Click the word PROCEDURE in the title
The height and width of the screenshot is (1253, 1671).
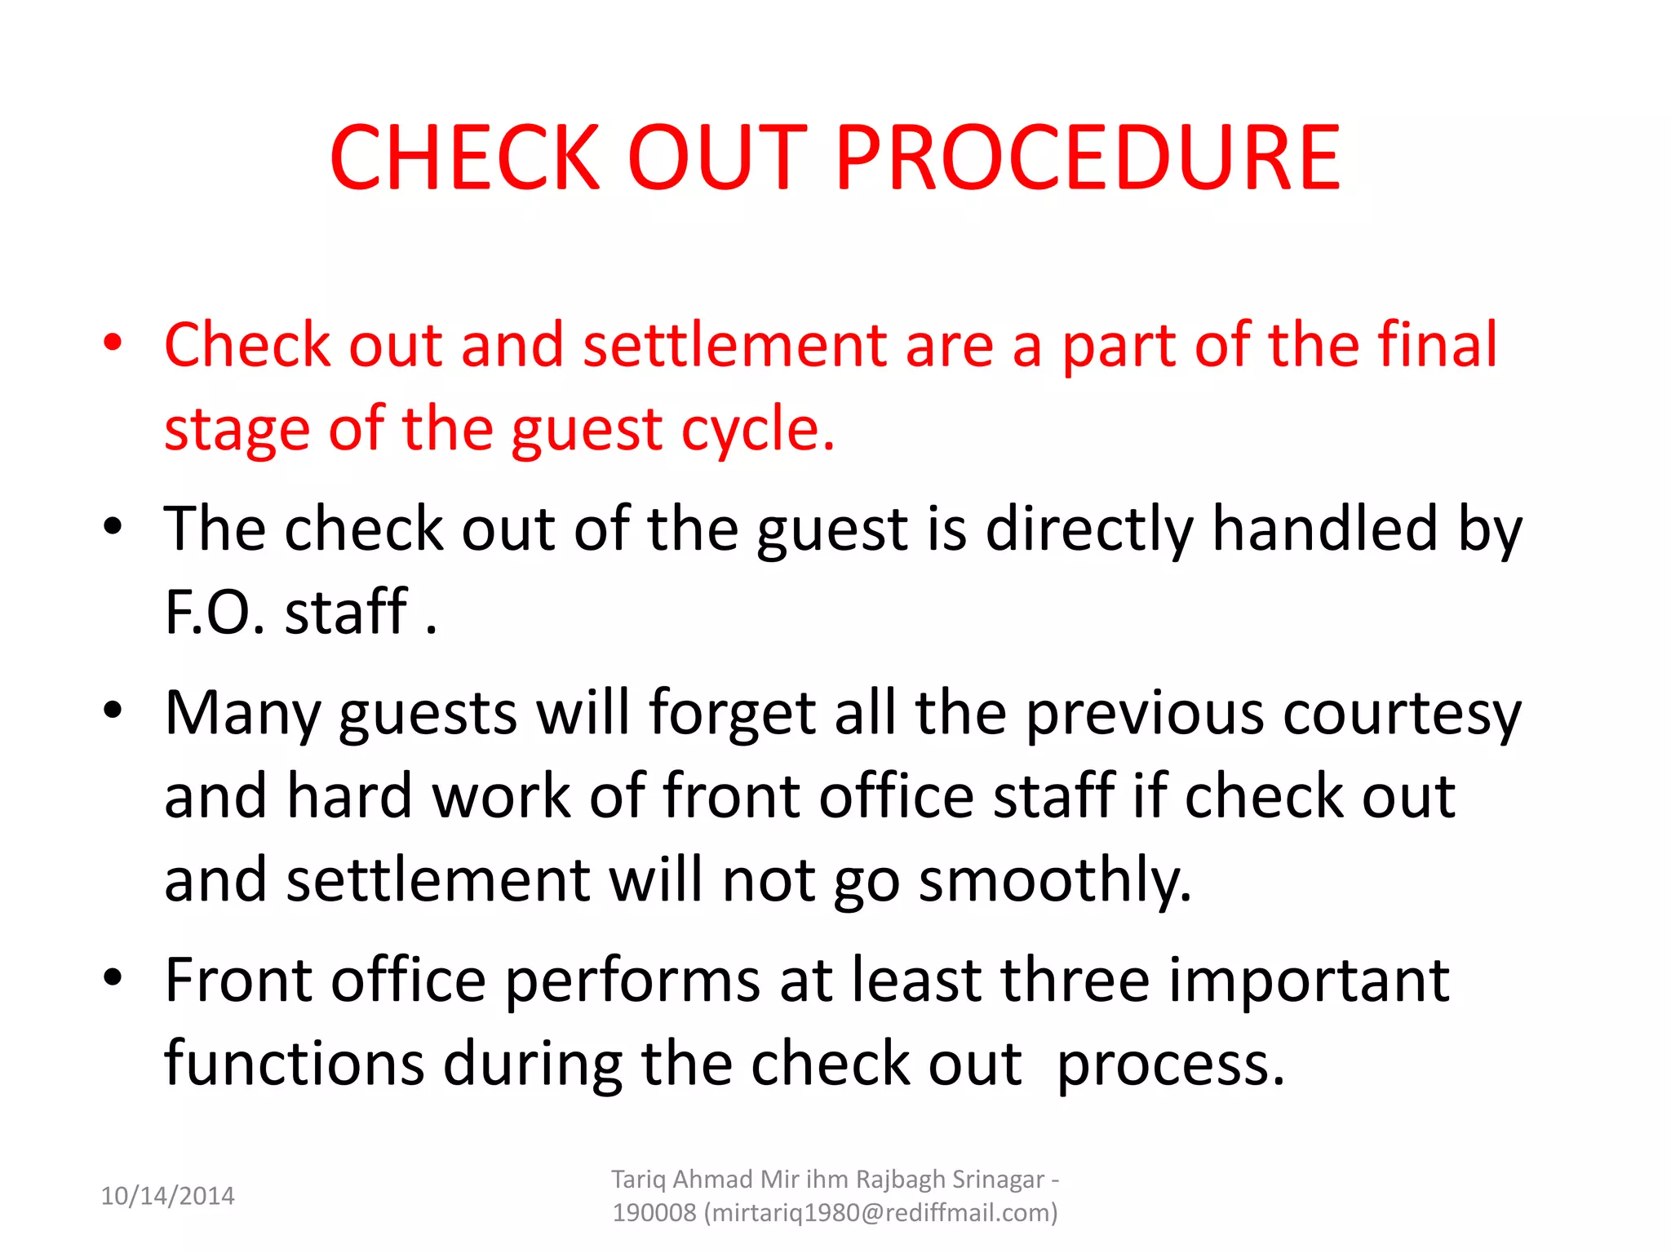(1088, 157)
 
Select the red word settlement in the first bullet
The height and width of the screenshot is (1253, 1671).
(734, 345)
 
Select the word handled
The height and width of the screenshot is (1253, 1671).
(1325, 529)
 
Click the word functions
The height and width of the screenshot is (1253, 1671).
(294, 1064)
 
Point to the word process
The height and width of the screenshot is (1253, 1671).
(1170, 1065)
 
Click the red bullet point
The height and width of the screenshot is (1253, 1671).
(113, 342)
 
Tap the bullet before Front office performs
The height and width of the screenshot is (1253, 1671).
(113, 976)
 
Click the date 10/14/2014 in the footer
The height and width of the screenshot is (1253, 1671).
(167, 1196)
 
